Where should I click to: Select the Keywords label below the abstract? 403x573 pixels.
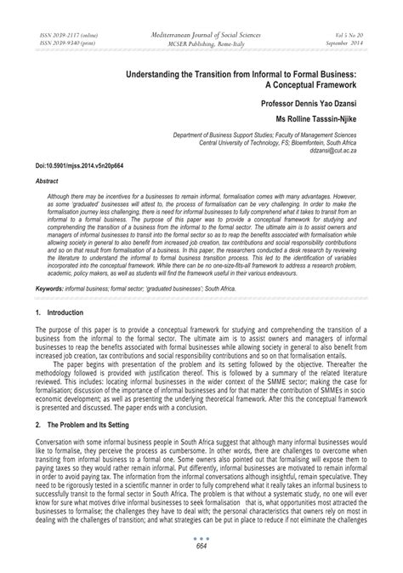pos(52,289)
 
